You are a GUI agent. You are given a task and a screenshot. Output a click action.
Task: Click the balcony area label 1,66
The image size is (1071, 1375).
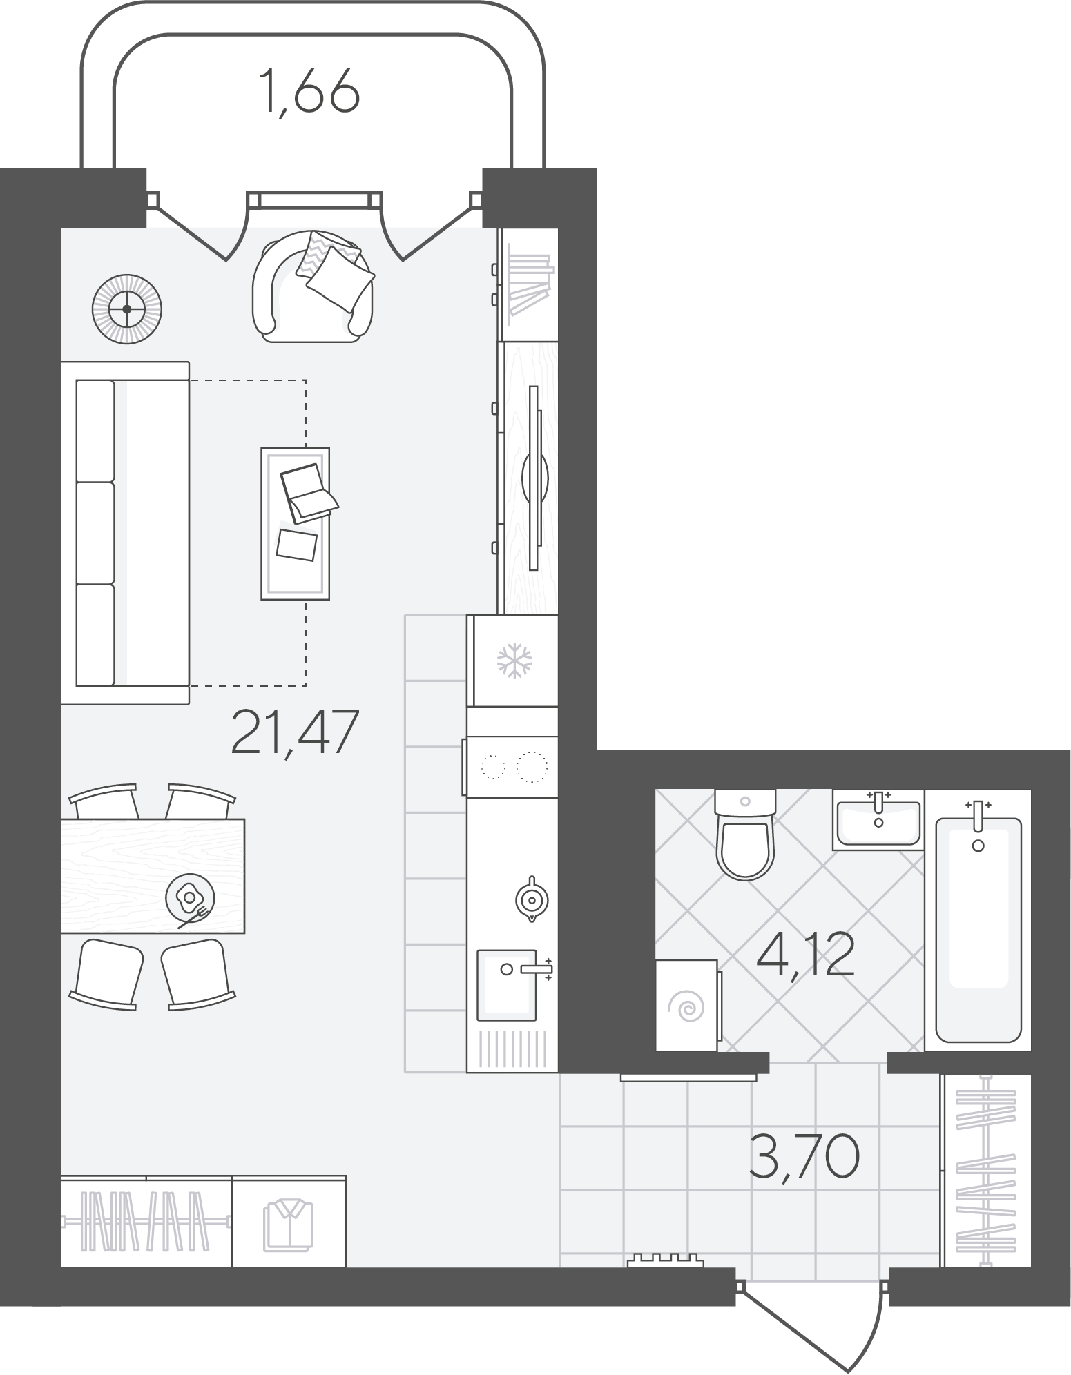click(x=310, y=90)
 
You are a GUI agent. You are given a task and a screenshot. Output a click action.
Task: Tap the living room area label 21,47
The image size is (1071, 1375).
click(x=296, y=732)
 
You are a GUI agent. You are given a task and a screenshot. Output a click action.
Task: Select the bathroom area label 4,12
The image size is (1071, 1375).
click(x=806, y=955)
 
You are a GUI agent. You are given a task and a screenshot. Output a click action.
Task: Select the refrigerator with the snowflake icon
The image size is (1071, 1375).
click(x=512, y=661)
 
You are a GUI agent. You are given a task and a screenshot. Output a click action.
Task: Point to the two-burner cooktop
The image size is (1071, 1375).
click(x=511, y=766)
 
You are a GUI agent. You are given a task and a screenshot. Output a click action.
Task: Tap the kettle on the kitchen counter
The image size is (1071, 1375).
click(x=530, y=899)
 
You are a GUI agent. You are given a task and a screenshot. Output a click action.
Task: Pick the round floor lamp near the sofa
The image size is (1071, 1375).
click(x=127, y=309)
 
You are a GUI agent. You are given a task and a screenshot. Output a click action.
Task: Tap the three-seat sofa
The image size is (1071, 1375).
click(x=125, y=532)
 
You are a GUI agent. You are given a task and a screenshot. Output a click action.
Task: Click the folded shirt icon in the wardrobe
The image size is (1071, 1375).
click(x=288, y=1225)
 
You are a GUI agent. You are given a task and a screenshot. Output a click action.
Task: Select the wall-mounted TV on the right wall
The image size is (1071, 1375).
click(x=534, y=477)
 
